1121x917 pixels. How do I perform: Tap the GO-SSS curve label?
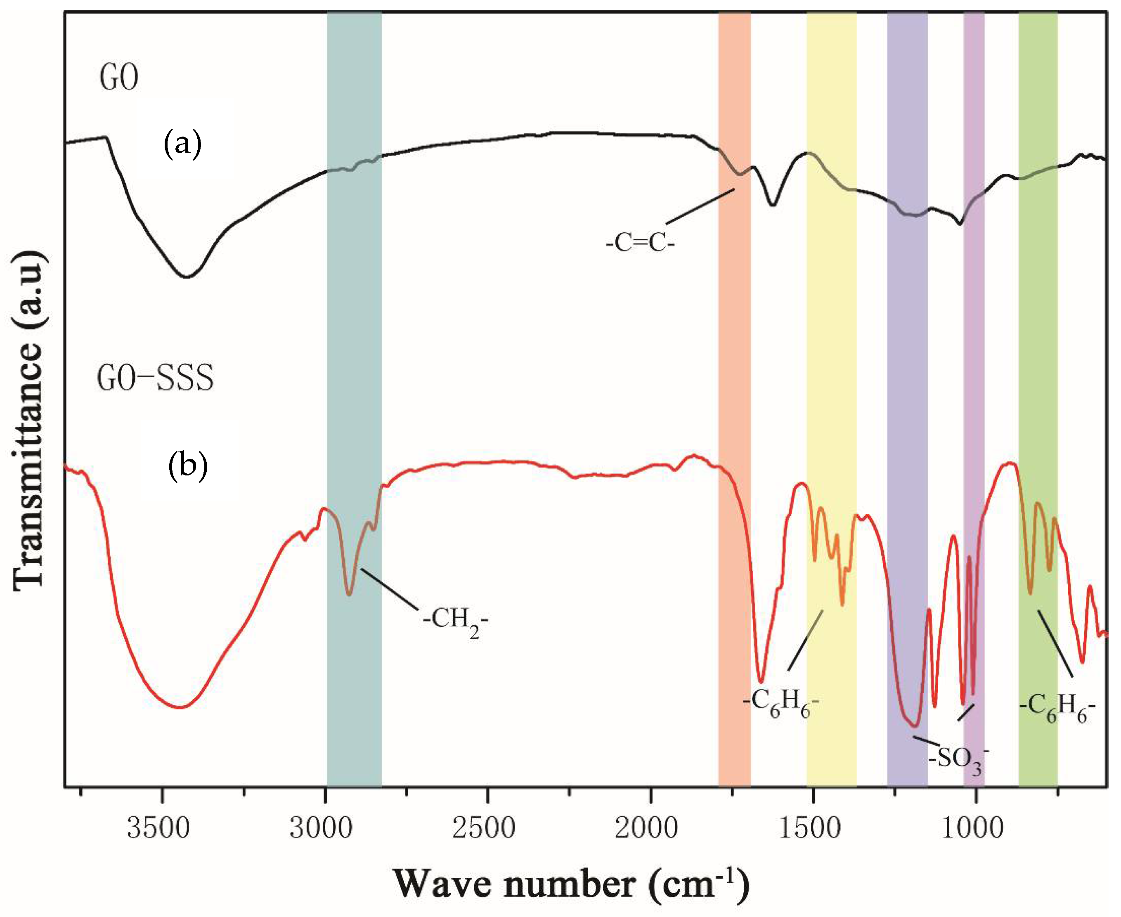tap(155, 378)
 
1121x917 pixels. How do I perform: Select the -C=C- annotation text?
tap(640, 244)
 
